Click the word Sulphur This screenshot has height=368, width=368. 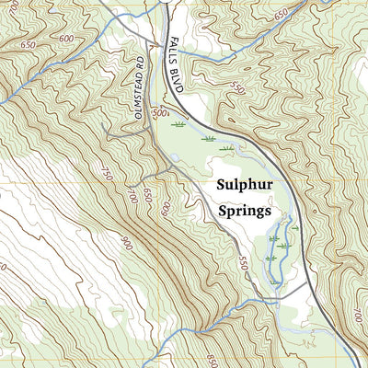coord(245,184)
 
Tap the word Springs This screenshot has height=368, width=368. coord(245,211)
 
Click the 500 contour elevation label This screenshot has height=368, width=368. coord(162,113)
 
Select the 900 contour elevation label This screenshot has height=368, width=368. coord(125,241)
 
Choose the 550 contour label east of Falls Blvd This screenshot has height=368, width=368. coord(238,90)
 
